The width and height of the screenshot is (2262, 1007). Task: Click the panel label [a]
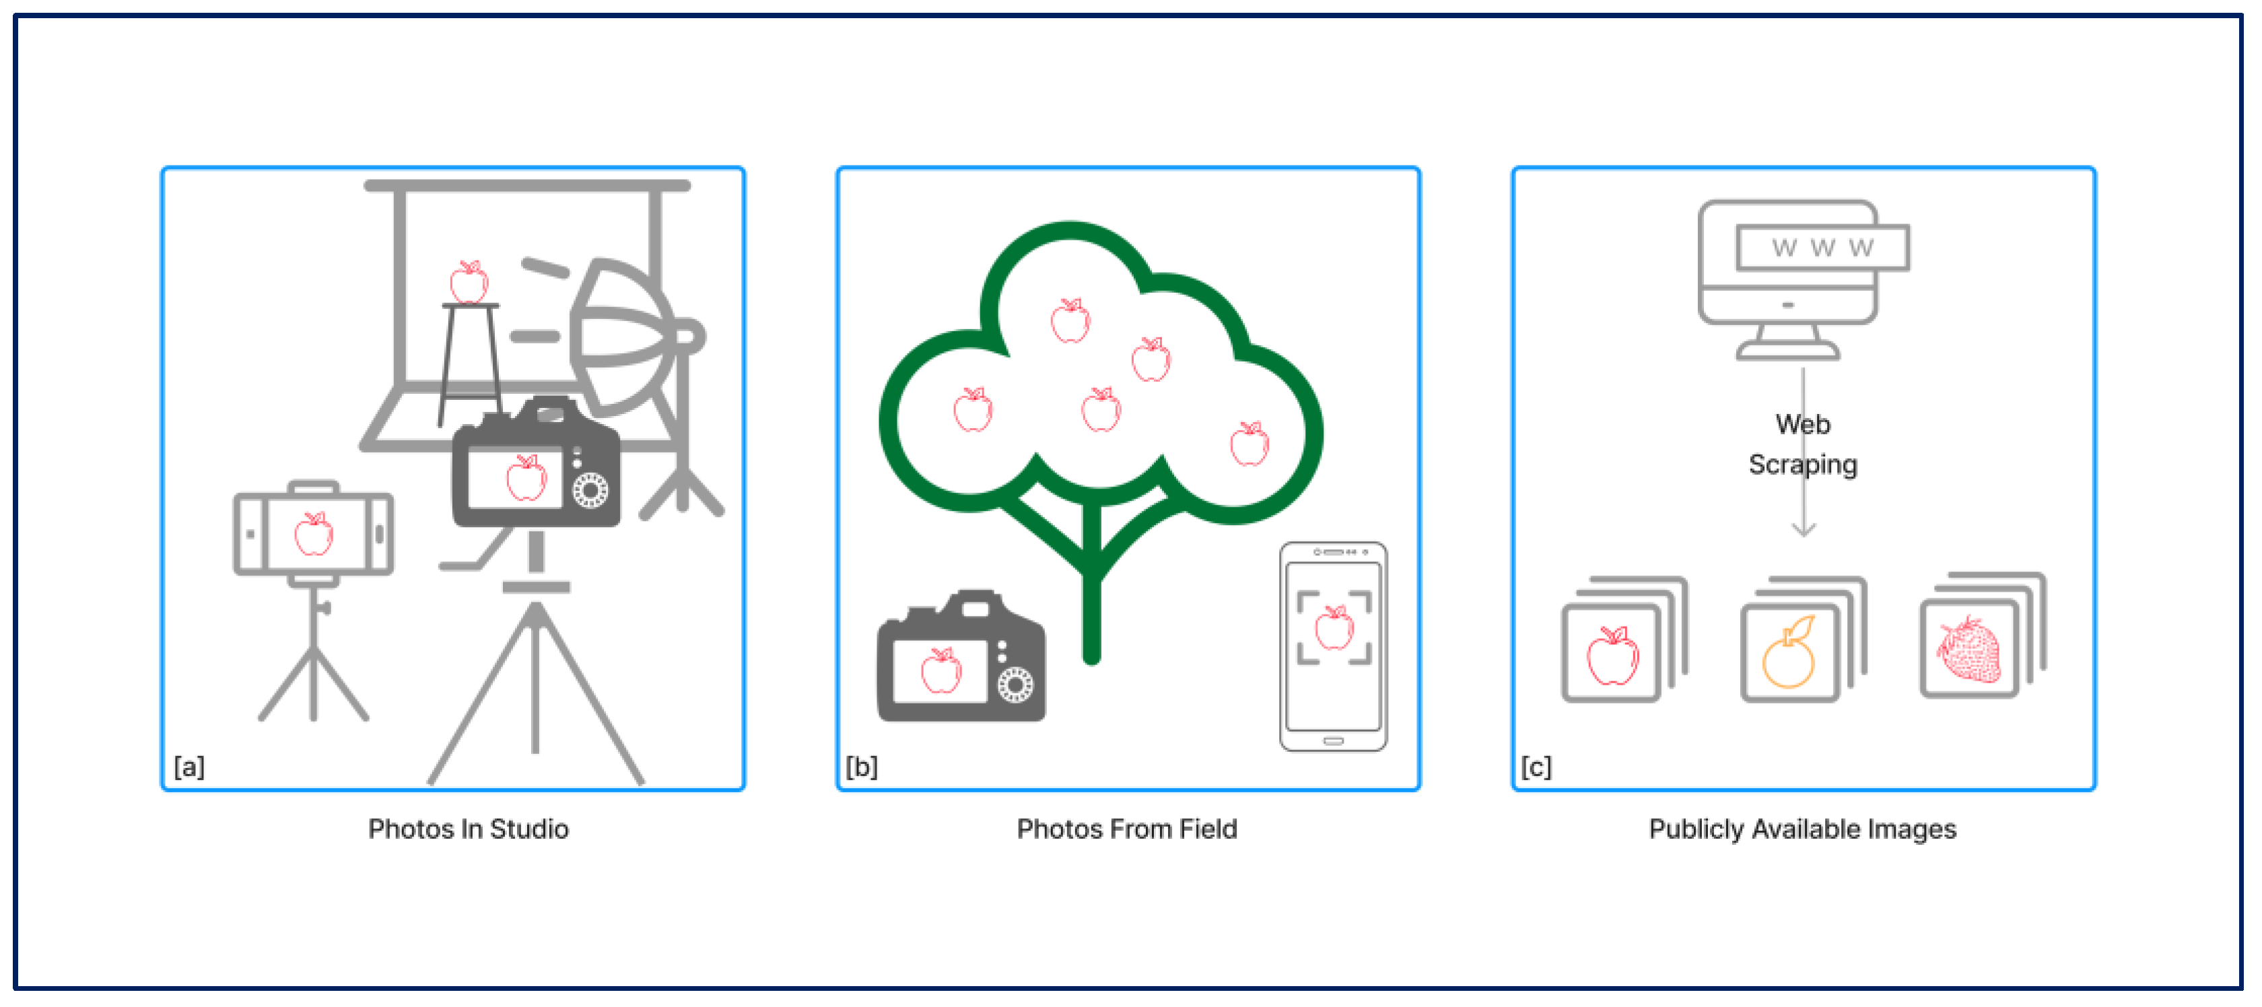pyautogui.click(x=188, y=767)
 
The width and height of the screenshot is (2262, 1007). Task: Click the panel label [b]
pyautogui.click(x=862, y=767)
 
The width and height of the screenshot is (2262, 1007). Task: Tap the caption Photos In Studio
pyautogui.click(x=468, y=829)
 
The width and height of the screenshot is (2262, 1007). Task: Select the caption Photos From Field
pyautogui.click(x=1126, y=829)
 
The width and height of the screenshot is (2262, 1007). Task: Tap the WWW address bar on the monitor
pyautogui.click(x=1822, y=248)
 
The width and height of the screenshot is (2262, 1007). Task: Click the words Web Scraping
pyautogui.click(x=1803, y=444)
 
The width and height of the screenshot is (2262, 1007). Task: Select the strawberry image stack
pyautogui.click(x=1983, y=635)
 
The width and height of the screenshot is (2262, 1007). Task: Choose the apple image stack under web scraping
pyautogui.click(x=1624, y=639)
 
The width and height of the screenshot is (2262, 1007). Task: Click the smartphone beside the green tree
pyautogui.click(x=1333, y=646)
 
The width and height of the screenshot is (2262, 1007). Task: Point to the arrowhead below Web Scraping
pyautogui.click(x=1804, y=528)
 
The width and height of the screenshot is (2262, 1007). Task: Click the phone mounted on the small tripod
pyautogui.click(x=314, y=534)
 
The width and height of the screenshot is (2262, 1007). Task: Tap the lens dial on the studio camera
pyautogui.click(x=590, y=491)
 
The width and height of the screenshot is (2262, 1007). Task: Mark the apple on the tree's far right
pyautogui.click(x=1249, y=444)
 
